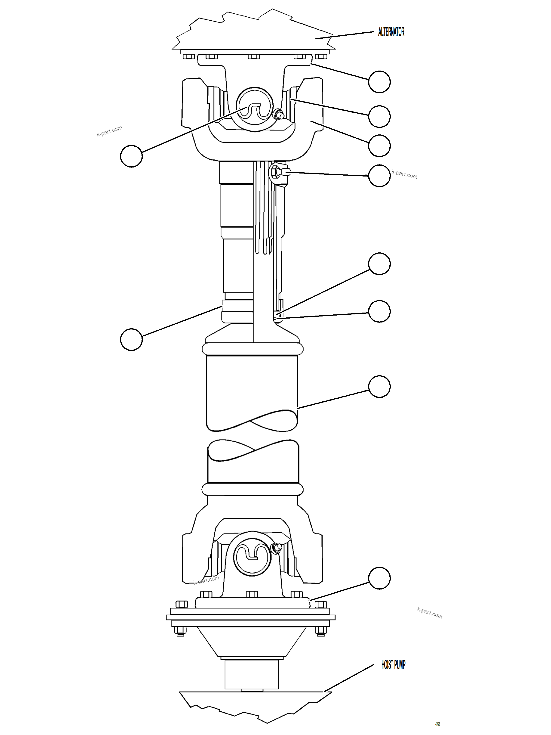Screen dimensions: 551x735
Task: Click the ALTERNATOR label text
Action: tap(391, 32)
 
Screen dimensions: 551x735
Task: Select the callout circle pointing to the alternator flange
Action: tap(379, 82)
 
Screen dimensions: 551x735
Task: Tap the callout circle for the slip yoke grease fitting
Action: tap(379, 176)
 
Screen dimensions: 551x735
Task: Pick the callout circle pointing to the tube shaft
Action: tap(379, 386)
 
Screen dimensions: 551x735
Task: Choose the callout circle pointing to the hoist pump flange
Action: tap(379, 578)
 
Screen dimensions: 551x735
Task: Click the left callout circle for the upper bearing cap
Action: tap(131, 156)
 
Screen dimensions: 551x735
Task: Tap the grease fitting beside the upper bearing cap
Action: tap(277, 115)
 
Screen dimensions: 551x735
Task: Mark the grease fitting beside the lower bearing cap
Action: tap(276, 548)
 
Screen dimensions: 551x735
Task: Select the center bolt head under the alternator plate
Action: tap(253, 56)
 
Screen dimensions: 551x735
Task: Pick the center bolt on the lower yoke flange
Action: tap(252, 594)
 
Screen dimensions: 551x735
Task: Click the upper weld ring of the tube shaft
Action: tap(252, 350)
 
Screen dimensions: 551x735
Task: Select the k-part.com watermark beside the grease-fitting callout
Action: tap(404, 174)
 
